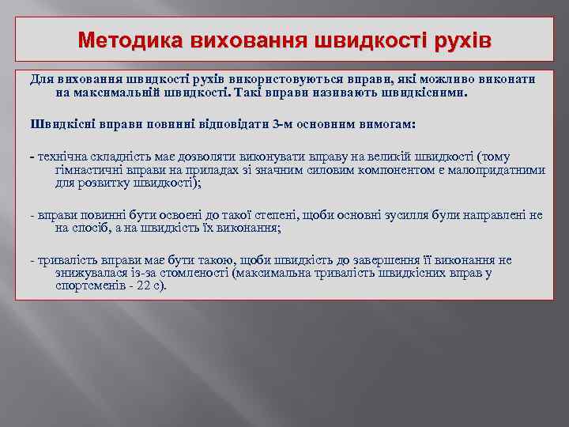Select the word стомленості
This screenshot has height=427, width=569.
[x=181, y=273]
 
